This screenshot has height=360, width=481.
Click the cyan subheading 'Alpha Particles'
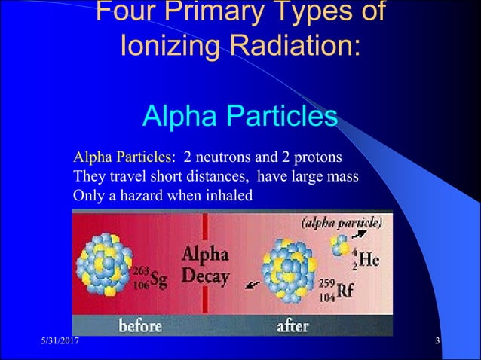(x=240, y=117)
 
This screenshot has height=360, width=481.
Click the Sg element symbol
(x=158, y=279)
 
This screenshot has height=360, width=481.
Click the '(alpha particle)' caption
(x=341, y=223)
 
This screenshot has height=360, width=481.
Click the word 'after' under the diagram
(x=293, y=326)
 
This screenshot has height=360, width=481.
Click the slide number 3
(x=438, y=344)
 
